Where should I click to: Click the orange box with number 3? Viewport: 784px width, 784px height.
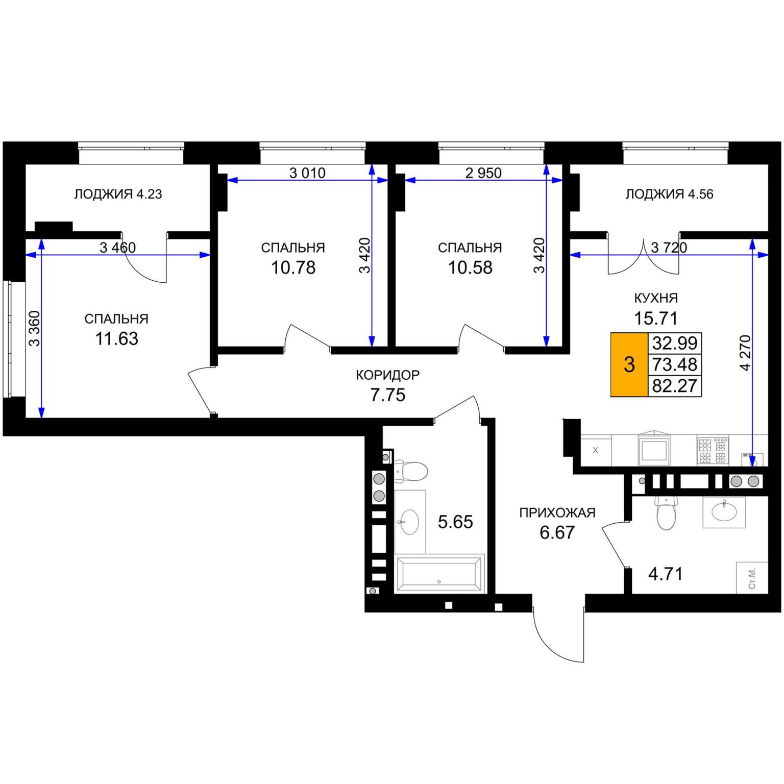click(629, 364)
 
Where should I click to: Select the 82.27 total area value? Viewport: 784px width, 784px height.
click(675, 386)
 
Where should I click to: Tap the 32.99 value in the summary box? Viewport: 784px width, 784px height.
click(675, 343)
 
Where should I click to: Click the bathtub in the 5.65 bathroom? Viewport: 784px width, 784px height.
click(439, 574)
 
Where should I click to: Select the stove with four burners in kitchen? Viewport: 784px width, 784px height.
click(713, 451)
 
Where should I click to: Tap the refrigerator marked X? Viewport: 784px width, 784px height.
click(596, 450)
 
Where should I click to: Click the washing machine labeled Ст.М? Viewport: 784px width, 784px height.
click(752, 577)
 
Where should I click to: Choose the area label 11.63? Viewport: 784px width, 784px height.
click(117, 339)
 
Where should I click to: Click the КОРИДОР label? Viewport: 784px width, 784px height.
click(388, 375)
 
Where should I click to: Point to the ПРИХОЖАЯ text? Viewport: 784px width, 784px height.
click(557, 512)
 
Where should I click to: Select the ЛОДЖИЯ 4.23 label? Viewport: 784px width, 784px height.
click(118, 194)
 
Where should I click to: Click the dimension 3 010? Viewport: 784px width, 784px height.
click(307, 173)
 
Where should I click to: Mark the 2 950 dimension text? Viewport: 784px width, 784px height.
click(483, 173)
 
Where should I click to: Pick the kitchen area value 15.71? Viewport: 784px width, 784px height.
click(656, 318)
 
